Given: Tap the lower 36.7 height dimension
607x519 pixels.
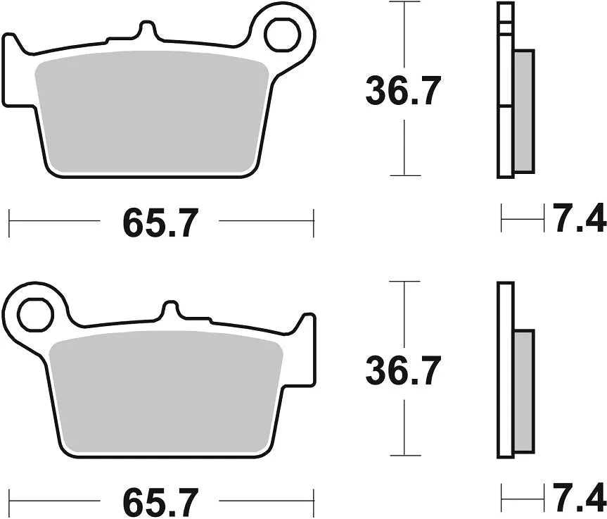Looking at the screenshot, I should [x=403, y=370].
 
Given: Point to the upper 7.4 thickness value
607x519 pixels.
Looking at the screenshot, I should [x=579, y=220].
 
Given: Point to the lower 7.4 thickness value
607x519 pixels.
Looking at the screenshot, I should [x=579, y=499].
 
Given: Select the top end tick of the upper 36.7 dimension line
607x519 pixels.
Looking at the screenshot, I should [x=403, y=3].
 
